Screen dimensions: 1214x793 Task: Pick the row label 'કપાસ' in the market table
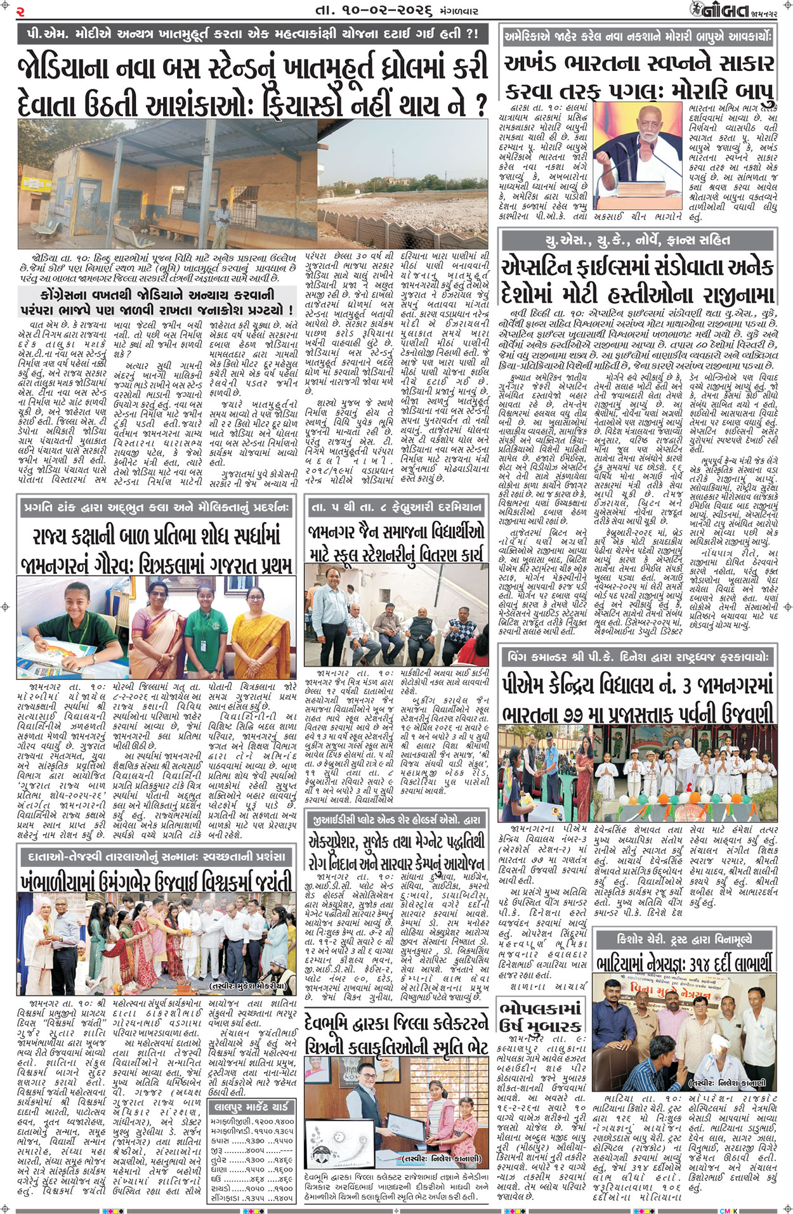coord(220,1140)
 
